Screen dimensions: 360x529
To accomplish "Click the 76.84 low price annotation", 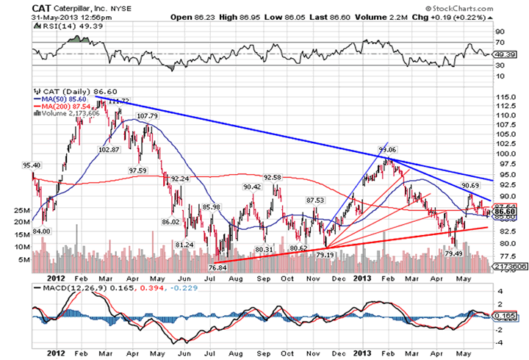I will (x=218, y=267).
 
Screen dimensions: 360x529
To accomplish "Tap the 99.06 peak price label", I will (x=389, y=150).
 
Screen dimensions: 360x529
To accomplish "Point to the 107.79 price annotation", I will (x=148, y=116).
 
